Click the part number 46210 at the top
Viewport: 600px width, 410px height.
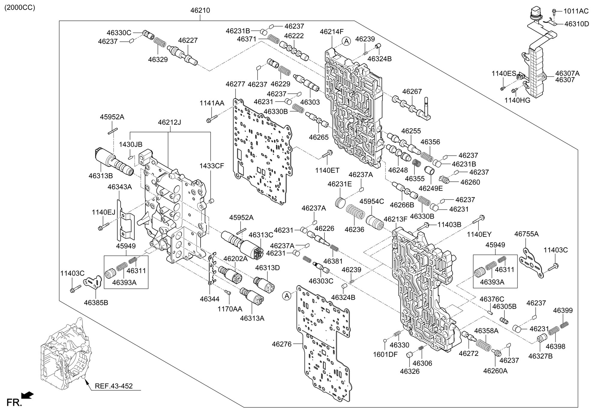(200, 11)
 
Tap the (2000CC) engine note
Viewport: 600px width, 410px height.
(19, 8)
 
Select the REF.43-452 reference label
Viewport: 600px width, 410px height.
(114, 386)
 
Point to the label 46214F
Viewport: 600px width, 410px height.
(331, 32)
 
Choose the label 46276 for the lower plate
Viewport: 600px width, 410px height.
(282, 344)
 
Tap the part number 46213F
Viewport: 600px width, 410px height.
(396, 219)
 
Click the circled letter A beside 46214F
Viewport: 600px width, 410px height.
(346, 41)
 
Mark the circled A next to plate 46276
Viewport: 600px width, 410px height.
(287, 296)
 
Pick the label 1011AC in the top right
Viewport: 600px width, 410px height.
(576, 11)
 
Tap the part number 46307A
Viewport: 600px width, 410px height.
(567, 73)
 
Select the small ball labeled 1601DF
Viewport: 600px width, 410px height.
(385, 340)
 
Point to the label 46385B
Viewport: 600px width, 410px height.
(96, 303)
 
